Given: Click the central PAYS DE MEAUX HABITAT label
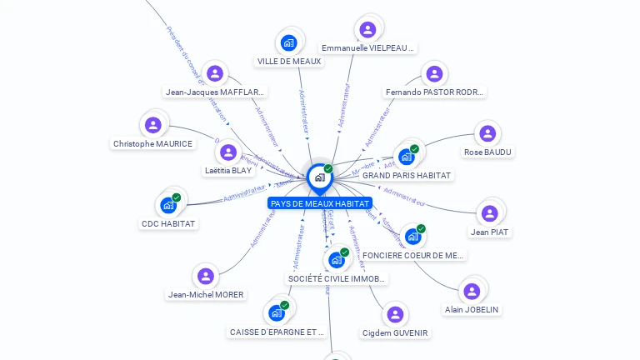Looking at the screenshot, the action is point(320,203).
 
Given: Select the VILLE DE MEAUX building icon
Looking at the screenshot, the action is point(288,42).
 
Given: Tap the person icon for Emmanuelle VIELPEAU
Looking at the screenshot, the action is point(367,30).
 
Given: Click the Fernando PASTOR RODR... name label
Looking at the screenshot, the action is point(435,92).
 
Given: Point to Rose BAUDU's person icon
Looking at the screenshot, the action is point(487,133).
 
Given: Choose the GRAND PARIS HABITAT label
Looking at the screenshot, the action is point(407,176).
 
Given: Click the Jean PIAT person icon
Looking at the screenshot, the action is point(490,213).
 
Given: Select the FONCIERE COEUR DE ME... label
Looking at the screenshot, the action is point(413,255).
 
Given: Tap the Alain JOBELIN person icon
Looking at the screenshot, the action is point(472,291).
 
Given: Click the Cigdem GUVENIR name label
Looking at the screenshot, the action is point(395,333).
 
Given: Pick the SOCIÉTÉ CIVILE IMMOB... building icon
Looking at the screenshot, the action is point(336,260).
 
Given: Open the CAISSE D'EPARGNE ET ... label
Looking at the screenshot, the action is point(277,332).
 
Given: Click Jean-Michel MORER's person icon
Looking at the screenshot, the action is point(206,276).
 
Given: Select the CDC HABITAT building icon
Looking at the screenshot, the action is point(168,205).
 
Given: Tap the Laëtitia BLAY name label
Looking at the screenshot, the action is point(228,171).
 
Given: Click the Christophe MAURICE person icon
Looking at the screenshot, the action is point(152,125).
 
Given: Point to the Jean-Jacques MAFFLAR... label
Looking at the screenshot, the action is point(215,92).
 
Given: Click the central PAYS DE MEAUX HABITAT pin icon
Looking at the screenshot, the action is point(319,177).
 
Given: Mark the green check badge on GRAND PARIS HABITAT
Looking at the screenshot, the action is point(414,149).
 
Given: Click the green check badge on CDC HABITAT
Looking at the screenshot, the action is point(177,197).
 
